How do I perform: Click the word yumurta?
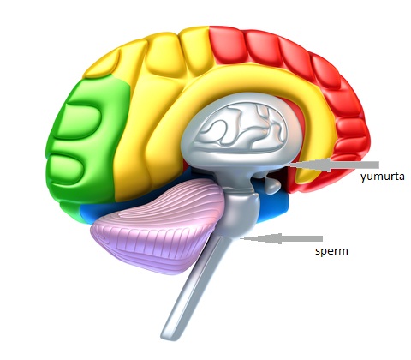tap(382, 177)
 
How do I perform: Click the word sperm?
tap(331, 251)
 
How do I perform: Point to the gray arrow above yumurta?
tap(333, 165)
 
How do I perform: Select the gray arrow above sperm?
tap(282, 238)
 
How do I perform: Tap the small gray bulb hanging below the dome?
tap(271, 186)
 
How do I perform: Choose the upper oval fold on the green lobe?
tap(80, 121)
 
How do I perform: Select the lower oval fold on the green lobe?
tap(68, 165)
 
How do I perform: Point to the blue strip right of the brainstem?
tap(274, 207)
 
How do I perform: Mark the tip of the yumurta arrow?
tap(289, 165)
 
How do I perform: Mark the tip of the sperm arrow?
tap(240, 238)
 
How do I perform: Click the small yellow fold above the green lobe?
tap(102, 65)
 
